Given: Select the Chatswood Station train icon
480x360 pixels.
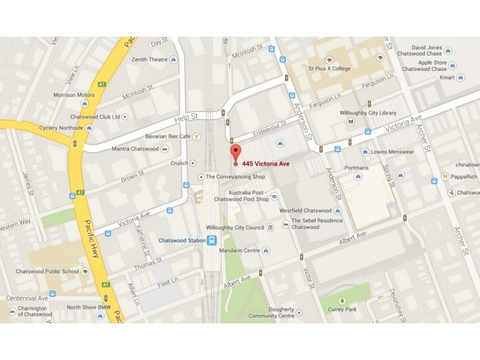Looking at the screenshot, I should pyautogui.click(x=212, y=241).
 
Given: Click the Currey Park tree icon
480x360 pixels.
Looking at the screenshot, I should pyautogui.click(x=342, y=300).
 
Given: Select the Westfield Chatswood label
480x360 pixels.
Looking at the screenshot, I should pyautogui.click(x=305, y=211).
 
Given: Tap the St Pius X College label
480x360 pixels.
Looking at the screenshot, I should pyautogui.click(x=329, y=68).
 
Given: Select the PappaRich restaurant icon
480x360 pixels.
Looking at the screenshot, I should pyautogui.click(x=445, y=176).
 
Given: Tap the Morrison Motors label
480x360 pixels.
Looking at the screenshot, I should pyautogui.click(x=74, y=95).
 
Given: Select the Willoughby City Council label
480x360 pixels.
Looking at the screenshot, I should pyautogui.click(x=235, y=228).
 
